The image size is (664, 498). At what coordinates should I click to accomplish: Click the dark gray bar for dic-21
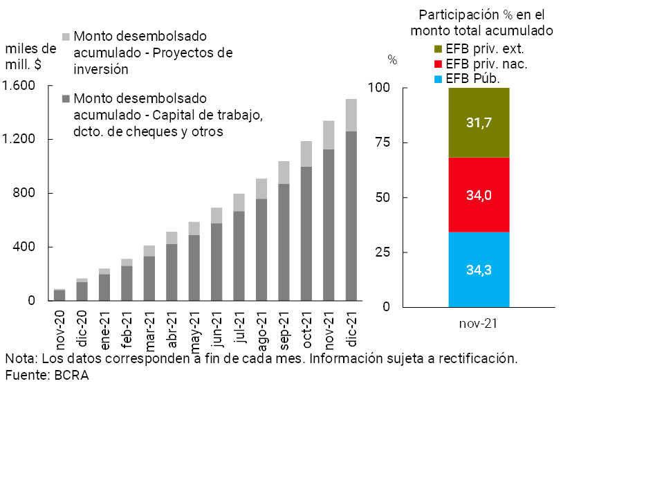tap(351, 216)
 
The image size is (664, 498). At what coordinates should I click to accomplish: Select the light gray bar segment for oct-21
tap(306, 154)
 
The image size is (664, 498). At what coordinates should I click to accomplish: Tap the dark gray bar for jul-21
tap(239, 256)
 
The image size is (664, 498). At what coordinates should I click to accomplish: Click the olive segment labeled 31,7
tap(479, 122)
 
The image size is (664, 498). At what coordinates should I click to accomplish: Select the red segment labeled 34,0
tap(479, 195)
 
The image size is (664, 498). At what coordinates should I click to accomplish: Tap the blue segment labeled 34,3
tap(479, 269)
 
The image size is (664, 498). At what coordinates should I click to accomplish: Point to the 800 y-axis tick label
tap(27, 194)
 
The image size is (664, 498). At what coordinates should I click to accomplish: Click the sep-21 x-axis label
tap(284, 329)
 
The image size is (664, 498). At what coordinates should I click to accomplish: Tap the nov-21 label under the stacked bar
tap(479, 323)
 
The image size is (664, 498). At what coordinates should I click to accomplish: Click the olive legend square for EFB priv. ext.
tap(439, 49)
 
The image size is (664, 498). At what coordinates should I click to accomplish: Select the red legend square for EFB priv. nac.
tap(439, 64)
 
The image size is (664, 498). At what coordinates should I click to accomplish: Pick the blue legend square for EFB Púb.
tap(439, 79)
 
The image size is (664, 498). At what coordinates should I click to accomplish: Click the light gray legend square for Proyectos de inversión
tap(66, 36)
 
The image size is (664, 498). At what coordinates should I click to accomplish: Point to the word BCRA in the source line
tap(73, 375)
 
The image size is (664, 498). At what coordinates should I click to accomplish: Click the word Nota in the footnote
tap(20, 359)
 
